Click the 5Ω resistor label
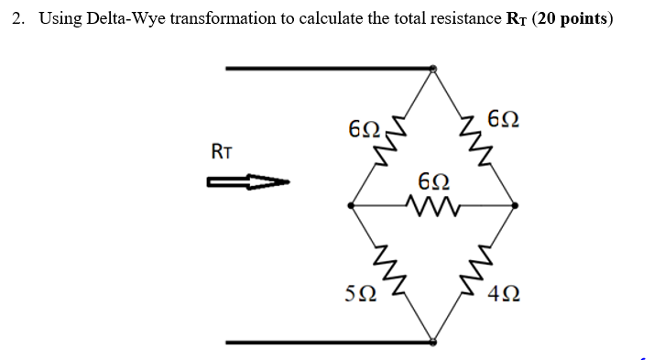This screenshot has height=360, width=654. tap(358, 293)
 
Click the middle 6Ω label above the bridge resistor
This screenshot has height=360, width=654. tap(433, 180)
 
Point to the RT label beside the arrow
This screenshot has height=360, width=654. tap(222, 152)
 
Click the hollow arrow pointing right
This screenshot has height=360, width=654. tap(248, 183)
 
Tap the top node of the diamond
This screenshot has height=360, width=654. tap(433, 68)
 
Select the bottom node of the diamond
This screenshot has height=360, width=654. tap(433, 342)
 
